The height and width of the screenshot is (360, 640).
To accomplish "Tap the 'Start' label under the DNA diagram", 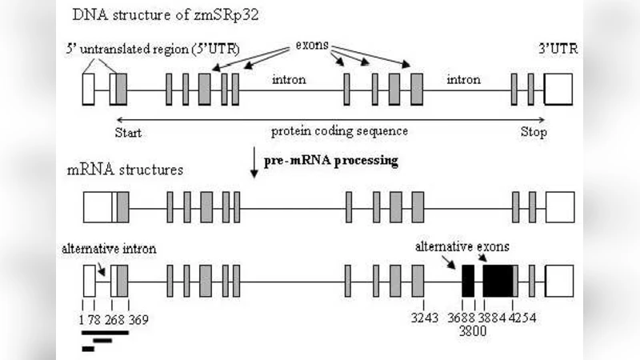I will [129, 133].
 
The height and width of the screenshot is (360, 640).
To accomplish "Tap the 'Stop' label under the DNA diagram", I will [534, 133].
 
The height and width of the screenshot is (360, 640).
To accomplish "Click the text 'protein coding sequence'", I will [339, 131].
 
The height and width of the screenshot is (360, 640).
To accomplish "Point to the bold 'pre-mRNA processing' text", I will [331, 160].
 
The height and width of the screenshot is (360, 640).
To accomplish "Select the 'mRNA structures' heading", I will [124, 170].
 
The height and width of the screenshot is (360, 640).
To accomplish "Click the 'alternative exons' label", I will [462, 246].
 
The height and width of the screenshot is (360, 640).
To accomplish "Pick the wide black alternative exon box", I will [498, 282].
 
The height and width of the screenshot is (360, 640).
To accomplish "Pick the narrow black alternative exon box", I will [468, 282].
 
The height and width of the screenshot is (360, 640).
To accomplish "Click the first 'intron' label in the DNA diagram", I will [289, 80].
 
